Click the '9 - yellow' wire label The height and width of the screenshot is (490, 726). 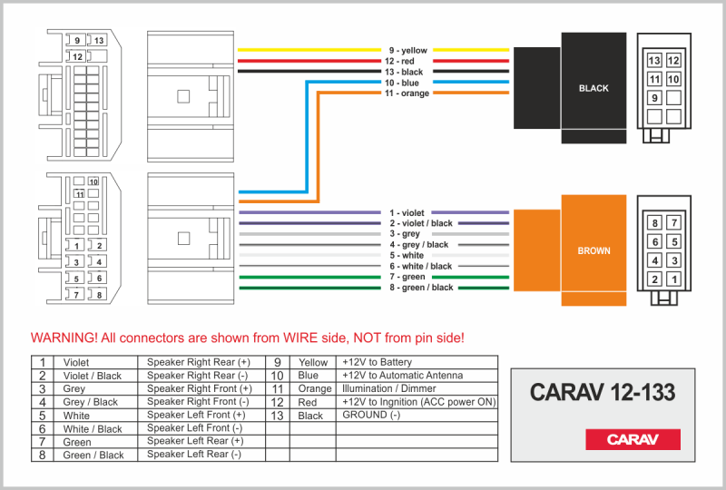pyautogui.click(x=407, y=51)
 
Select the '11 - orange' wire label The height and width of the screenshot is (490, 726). pyautogui.click(x=407, y=93)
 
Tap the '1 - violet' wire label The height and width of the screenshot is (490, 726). pyautogui.click(x=407, y=212)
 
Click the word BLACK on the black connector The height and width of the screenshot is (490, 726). pyautogui.click(x=594, y=88)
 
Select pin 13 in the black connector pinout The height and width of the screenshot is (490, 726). pyautogui.click(x=653, y=60)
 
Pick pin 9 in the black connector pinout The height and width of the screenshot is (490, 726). pyautogui.click(x=653, y=98)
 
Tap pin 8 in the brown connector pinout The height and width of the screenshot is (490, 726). pyautogui.click(x=653, y=222)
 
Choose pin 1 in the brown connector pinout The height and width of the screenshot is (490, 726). pyautogui.click(x=673, y=279)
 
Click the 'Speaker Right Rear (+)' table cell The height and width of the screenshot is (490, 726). pyautogui.click(x=199, y=362)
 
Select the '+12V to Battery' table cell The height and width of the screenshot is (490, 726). pyautogui.click(x=377, y=362)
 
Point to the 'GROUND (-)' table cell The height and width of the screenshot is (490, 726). pyautogui.click(x=370, y=415)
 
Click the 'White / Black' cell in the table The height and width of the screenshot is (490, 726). pyautogui.click(x=93, y=429)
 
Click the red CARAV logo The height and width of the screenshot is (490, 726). pyautogui.click(x=632, y=439)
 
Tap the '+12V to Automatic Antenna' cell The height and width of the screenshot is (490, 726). pyautogui.click(x=402, y=375)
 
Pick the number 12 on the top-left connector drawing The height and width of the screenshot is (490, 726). pyautogui.click(x=78, y=56)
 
